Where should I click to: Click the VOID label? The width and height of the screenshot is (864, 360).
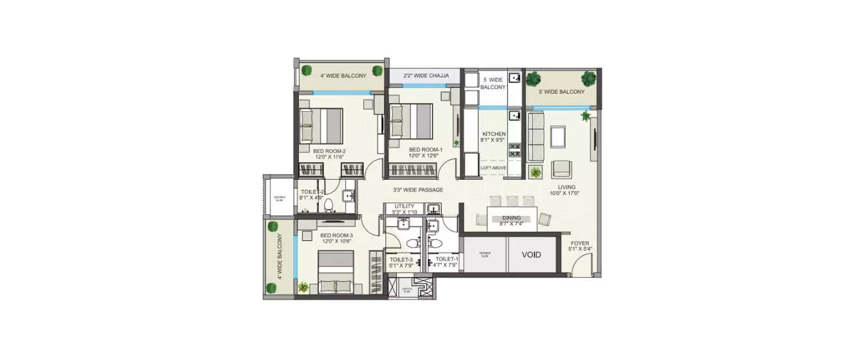pos(531,255)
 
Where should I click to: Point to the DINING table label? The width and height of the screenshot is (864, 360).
pos(511,218)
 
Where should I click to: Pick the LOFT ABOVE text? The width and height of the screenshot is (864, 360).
pos(494,168)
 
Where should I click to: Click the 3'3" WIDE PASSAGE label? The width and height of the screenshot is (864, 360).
pos(418,190)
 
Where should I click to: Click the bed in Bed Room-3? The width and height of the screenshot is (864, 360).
pos(336,273)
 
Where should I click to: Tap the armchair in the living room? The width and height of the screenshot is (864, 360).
pos(562,169)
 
